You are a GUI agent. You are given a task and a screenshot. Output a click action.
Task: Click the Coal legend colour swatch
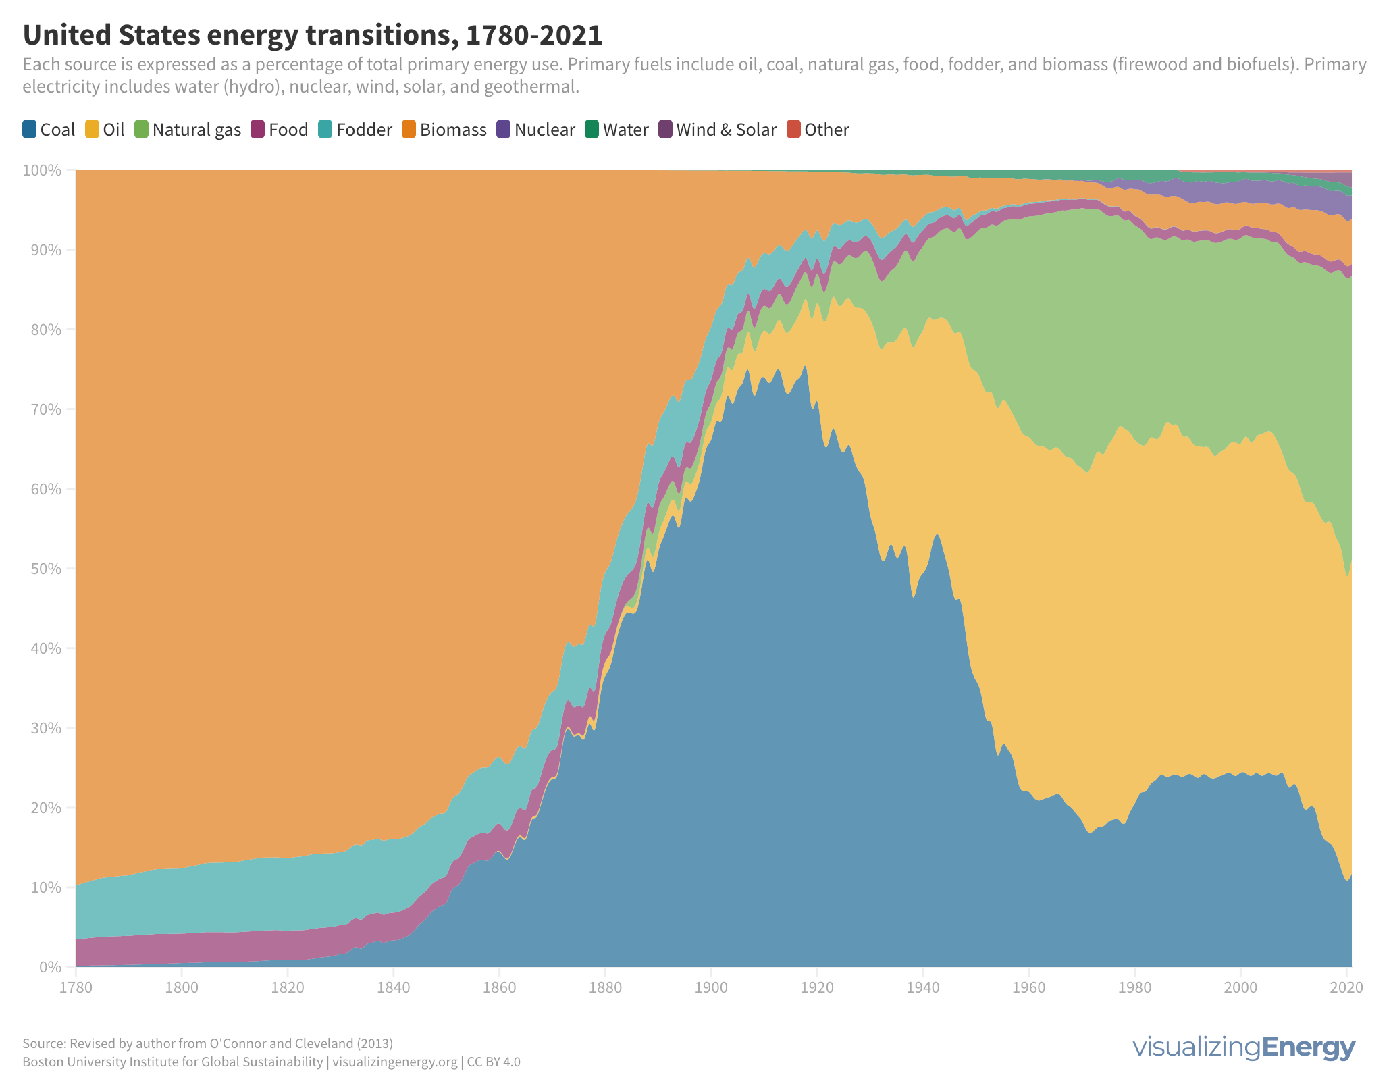pos(30,128)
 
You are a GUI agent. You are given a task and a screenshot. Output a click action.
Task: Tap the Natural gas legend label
pos(196,130)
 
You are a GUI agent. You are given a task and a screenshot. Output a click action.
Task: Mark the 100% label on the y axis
pos(43,170)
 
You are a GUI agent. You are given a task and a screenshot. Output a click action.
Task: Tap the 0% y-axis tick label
pos(50,967)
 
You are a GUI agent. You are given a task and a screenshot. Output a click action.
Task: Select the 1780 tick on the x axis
pos(76,987)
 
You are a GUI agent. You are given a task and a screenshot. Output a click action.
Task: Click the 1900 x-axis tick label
pos(711,987)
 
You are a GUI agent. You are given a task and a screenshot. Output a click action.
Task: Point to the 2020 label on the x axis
pos(1346,987)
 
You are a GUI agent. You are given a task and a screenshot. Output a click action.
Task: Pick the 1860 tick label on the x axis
pos(499,987)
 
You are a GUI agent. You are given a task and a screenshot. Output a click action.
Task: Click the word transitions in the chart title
pos(379,35)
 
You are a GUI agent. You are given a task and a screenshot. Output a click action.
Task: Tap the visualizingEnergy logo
pos(1243,1047)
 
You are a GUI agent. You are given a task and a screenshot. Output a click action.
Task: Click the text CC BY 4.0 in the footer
pos(494,1062)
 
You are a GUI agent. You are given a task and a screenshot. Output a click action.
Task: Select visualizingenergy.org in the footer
pos(394,1062)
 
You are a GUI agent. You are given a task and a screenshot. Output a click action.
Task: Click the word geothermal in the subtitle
pos(536,87)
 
